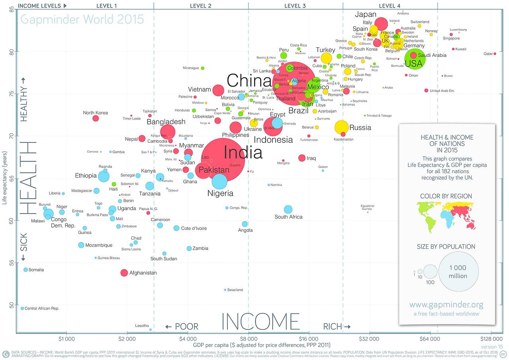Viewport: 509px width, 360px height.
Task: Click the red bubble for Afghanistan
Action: (x=124, y=272)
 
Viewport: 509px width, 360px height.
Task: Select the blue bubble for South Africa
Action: (x=288, y=209)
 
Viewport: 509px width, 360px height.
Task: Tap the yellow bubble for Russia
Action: (x=342, y=127)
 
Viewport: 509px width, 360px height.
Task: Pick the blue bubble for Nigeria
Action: (x=220, y=181)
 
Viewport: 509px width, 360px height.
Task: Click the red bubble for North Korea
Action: (x=95, y=118)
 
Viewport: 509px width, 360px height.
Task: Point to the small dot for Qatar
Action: (x=495, y=54)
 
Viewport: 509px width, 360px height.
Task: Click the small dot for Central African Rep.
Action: (x=22, y=308)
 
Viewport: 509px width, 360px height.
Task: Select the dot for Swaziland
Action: (x=225, y=290)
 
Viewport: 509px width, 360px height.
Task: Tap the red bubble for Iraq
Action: (x=302, y=158)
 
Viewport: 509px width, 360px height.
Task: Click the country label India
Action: (x=243, y=153)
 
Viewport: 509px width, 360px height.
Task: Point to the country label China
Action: (x=249, y=81)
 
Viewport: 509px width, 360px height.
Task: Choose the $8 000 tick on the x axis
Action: (x=249, y=339)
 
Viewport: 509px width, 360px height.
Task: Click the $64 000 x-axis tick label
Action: (x=430, y=339)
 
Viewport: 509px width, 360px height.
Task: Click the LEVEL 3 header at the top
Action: (x=295, y=6)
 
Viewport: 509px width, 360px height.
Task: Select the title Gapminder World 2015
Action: (x=82, y=19)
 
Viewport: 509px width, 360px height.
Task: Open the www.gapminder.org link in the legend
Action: (x=447, y=305)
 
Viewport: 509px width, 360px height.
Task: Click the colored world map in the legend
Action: (x=446, y=217)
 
